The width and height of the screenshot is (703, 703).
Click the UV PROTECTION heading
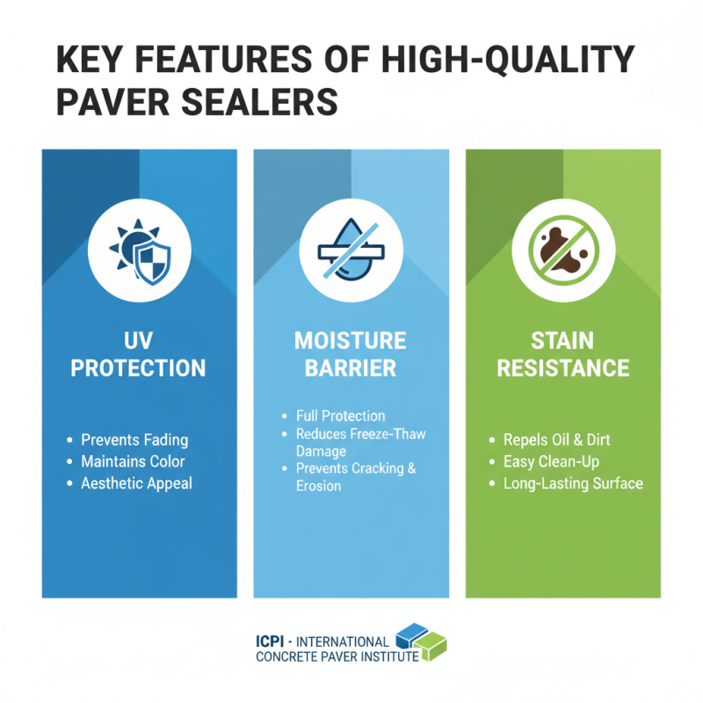coord(139,354)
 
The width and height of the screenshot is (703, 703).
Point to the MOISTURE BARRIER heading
coord(351,354)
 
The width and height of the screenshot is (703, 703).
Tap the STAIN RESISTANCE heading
coord(562,354)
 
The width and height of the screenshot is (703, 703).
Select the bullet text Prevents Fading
coord(134,439)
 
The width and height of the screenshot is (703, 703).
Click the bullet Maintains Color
coord(133,461)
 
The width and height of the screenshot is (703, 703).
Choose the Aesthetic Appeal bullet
coord(136,483)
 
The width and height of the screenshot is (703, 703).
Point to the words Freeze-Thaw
coord(393,434)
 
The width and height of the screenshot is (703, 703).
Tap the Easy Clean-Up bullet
coord(552,461)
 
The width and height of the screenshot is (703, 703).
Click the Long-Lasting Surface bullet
coord(573,483)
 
